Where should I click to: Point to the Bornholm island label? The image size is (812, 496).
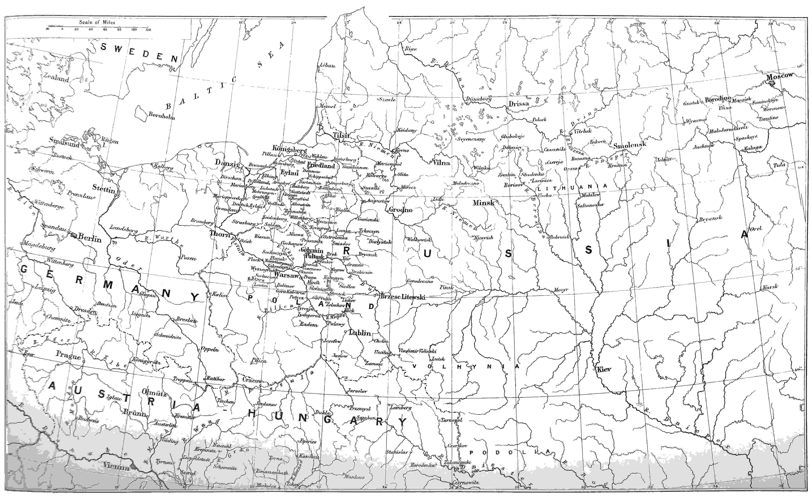point(161,116)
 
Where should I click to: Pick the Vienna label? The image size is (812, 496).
point(116,467)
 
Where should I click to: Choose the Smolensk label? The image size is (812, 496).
point(630,145)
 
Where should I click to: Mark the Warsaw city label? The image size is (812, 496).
point(286,275)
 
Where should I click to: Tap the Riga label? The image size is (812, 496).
point(411,49)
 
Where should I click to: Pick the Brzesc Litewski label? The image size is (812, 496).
point(403,297)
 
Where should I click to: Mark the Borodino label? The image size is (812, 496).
point(718,99)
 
